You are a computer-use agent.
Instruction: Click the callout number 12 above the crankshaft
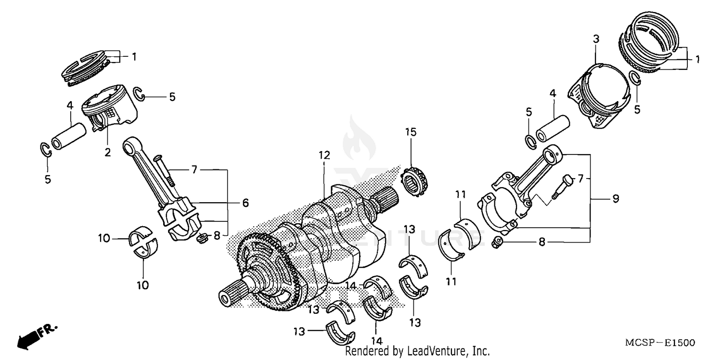(x=324, y=155)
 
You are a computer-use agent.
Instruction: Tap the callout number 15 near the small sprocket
(x=411, y=132)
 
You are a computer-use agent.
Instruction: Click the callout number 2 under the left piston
(x=108, y=153)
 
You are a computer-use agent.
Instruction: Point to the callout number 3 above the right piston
(x=596, y=39)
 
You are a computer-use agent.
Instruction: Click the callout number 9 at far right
(x=616, y=198)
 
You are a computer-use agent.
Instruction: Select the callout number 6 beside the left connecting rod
(x=245, y=203)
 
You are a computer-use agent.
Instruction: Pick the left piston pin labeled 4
(x=68, y=136)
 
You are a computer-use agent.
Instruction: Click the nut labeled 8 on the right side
(x=498, y=243)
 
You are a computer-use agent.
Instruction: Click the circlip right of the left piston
(x=141, y=94)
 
